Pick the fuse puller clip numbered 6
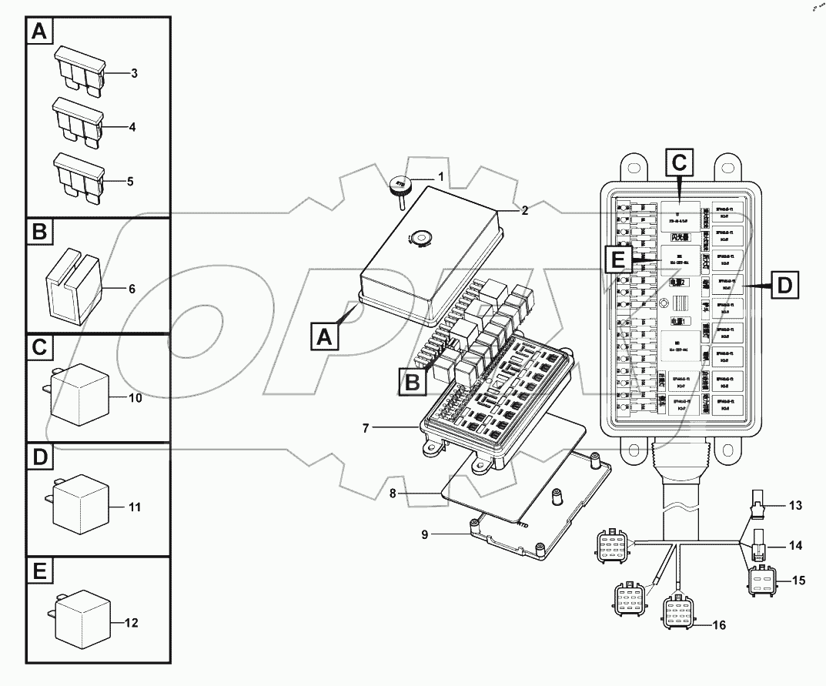(x=74, y=287)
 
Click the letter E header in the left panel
(x=40, y=571)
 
